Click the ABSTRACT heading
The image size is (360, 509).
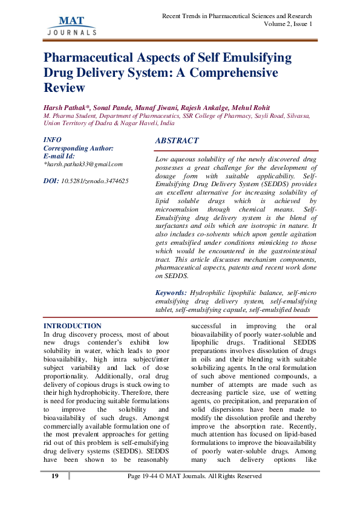[x=177, y=140]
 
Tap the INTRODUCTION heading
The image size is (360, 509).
[x=73, y=326]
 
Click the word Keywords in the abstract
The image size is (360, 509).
[x=171, y=293]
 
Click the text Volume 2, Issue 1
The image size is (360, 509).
[x=289, y=24]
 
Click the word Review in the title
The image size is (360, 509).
[x=64, y=88]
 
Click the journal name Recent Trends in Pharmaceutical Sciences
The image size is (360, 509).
[x=237, y=16]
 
